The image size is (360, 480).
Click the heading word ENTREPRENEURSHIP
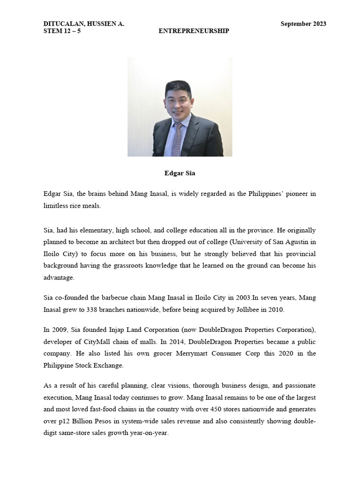click(x=194, y=31)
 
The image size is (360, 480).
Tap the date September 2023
click(x=303, y=24)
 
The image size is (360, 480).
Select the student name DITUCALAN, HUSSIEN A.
click(x=84, y=24)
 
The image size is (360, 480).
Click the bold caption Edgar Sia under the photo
click(x=180, y=173)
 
